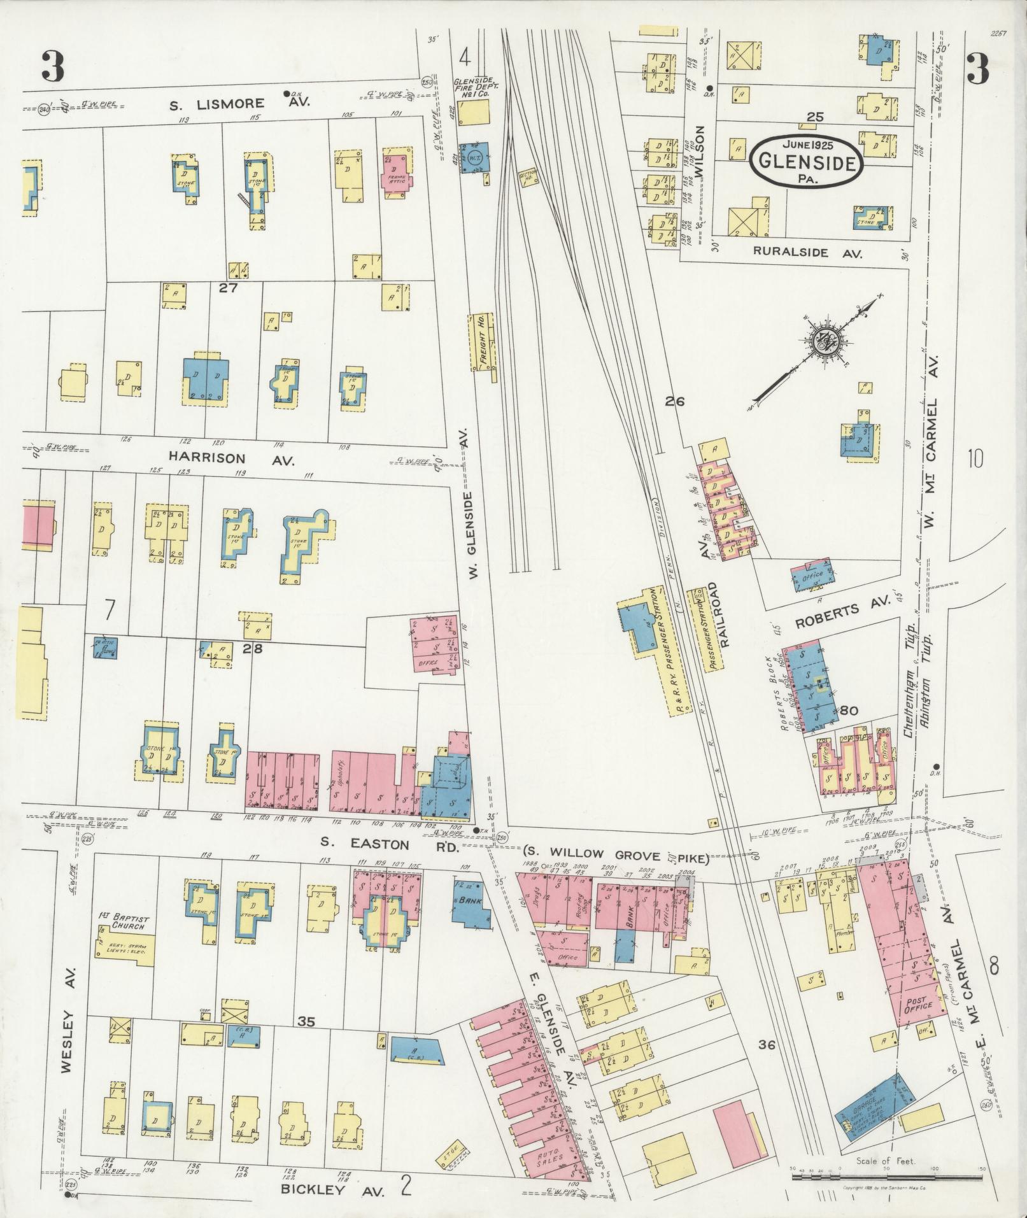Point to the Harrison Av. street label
[x=231, y=458]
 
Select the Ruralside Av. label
[x=807, y=252]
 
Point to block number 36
[x=766, y=1026]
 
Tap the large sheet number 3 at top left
[x=53, y=67]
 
